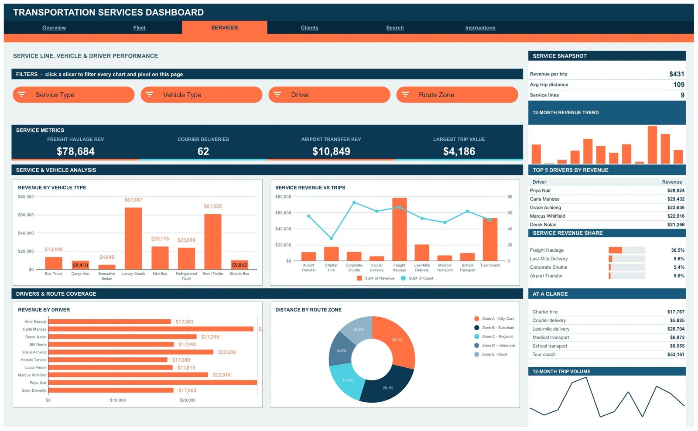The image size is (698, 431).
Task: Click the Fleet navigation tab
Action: (x=139, y=28)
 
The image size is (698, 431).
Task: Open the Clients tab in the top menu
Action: (x=309, y=28)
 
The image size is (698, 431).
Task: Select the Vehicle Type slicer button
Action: (x=201, y=95)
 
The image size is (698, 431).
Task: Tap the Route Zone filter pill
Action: (x=457, y=95)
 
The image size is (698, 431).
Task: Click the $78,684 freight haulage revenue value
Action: (x=75, y=151)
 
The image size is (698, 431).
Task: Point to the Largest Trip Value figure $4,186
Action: (x=459, y=151)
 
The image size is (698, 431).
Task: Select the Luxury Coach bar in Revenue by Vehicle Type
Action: (x=133, y=239)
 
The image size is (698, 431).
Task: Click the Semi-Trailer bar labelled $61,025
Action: (x=213, y=242)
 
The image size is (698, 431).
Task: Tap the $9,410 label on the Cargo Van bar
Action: (x=80, y=265)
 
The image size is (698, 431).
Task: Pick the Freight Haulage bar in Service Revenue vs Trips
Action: (x=400, y=229)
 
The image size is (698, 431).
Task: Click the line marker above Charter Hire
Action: (x=331, y=239)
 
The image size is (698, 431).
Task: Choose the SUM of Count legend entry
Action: (x=417, y=278)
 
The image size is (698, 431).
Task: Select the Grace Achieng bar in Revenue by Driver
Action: (x=130, y=352)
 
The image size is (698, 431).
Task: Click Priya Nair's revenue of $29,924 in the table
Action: (x=676, y=190)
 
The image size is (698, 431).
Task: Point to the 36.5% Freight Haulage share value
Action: (x=677, y=250)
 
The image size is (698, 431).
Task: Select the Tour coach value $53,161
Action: (x=676, y=355)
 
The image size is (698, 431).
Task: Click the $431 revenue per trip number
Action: (x=677, y=74)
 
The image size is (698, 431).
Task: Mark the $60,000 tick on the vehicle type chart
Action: (x=26, y=215)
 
